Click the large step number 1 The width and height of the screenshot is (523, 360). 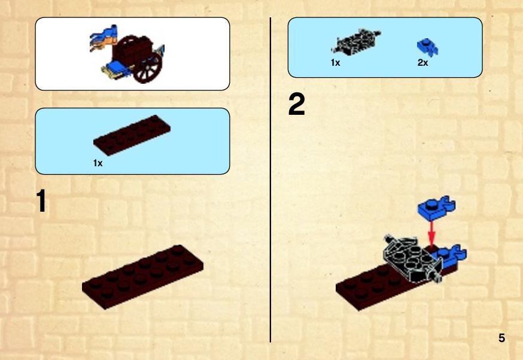point(41,200)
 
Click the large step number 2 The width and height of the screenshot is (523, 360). point(297,104)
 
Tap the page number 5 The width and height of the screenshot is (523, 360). point(501,338)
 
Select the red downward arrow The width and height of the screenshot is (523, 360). point(431,233)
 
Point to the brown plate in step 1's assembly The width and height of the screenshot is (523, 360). point(143,277)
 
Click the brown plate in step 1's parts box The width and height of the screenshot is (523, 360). point(132,135)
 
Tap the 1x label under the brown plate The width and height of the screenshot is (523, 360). point(98,163)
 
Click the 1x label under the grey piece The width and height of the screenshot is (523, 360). point(335,63)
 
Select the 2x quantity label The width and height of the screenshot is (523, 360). point(422,63)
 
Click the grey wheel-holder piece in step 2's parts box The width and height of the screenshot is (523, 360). point(356,42)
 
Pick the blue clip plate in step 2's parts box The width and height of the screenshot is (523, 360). point(427,47)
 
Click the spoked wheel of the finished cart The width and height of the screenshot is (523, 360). point(148,69)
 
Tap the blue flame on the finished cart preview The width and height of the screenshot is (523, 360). point(104,37)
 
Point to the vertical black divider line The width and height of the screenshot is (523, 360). point(270,180)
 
